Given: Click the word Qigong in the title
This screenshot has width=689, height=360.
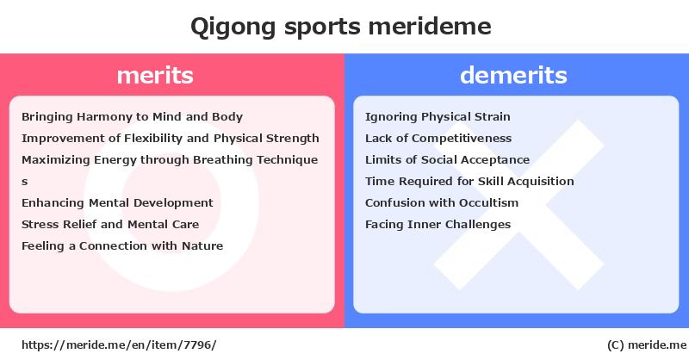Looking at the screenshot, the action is tap(233, 28).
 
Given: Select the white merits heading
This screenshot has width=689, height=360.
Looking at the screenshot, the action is tap(155, 75).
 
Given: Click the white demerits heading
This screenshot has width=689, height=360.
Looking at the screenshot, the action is tap(513, 75).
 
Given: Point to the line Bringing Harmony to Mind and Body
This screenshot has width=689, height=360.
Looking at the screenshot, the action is tap(132, 117).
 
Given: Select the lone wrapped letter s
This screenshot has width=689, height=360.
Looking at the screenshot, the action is tap(25, 182).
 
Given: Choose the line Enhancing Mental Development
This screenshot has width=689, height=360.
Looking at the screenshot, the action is tap(117, 202).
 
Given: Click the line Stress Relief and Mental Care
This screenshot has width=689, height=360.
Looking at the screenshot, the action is tap(110, 224).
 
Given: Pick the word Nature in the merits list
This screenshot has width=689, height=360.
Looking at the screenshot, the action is tap(202, 245).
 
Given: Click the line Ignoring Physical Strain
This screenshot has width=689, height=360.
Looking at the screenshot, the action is tap(438, 117).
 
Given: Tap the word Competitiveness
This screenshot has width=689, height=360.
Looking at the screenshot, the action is tap(462, 139).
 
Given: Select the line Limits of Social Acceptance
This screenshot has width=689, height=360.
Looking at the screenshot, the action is tap(447, 160).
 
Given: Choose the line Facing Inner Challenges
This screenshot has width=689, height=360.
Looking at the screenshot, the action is tap(438, 225).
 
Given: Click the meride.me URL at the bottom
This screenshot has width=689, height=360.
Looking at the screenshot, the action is tap(119, 345).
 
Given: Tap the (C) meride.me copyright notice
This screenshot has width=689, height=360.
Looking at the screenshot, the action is tap(647, 345).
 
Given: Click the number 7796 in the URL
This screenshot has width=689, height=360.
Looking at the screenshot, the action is tap(198, 345).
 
